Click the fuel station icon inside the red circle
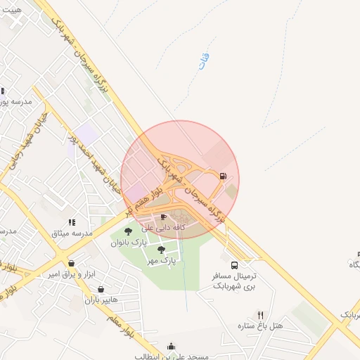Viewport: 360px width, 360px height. (x=223, y=176)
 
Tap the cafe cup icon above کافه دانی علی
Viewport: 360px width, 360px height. (x=164, y=217)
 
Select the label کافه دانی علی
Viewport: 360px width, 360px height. (x=163, y=228)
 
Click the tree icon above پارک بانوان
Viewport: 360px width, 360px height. (x=128, y=231)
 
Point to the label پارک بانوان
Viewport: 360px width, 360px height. (x=128, y=243)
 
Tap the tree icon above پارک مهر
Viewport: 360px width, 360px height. (x=161, y=250)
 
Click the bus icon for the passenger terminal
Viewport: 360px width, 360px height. (x=234, y=265)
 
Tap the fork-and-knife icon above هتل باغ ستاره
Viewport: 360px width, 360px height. (x=260, y=315)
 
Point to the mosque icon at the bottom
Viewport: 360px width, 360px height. (x=172, y=345)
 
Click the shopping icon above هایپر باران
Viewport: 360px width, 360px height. (x=101, y=289)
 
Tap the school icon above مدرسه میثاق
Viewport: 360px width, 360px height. (x=71, y=222)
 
